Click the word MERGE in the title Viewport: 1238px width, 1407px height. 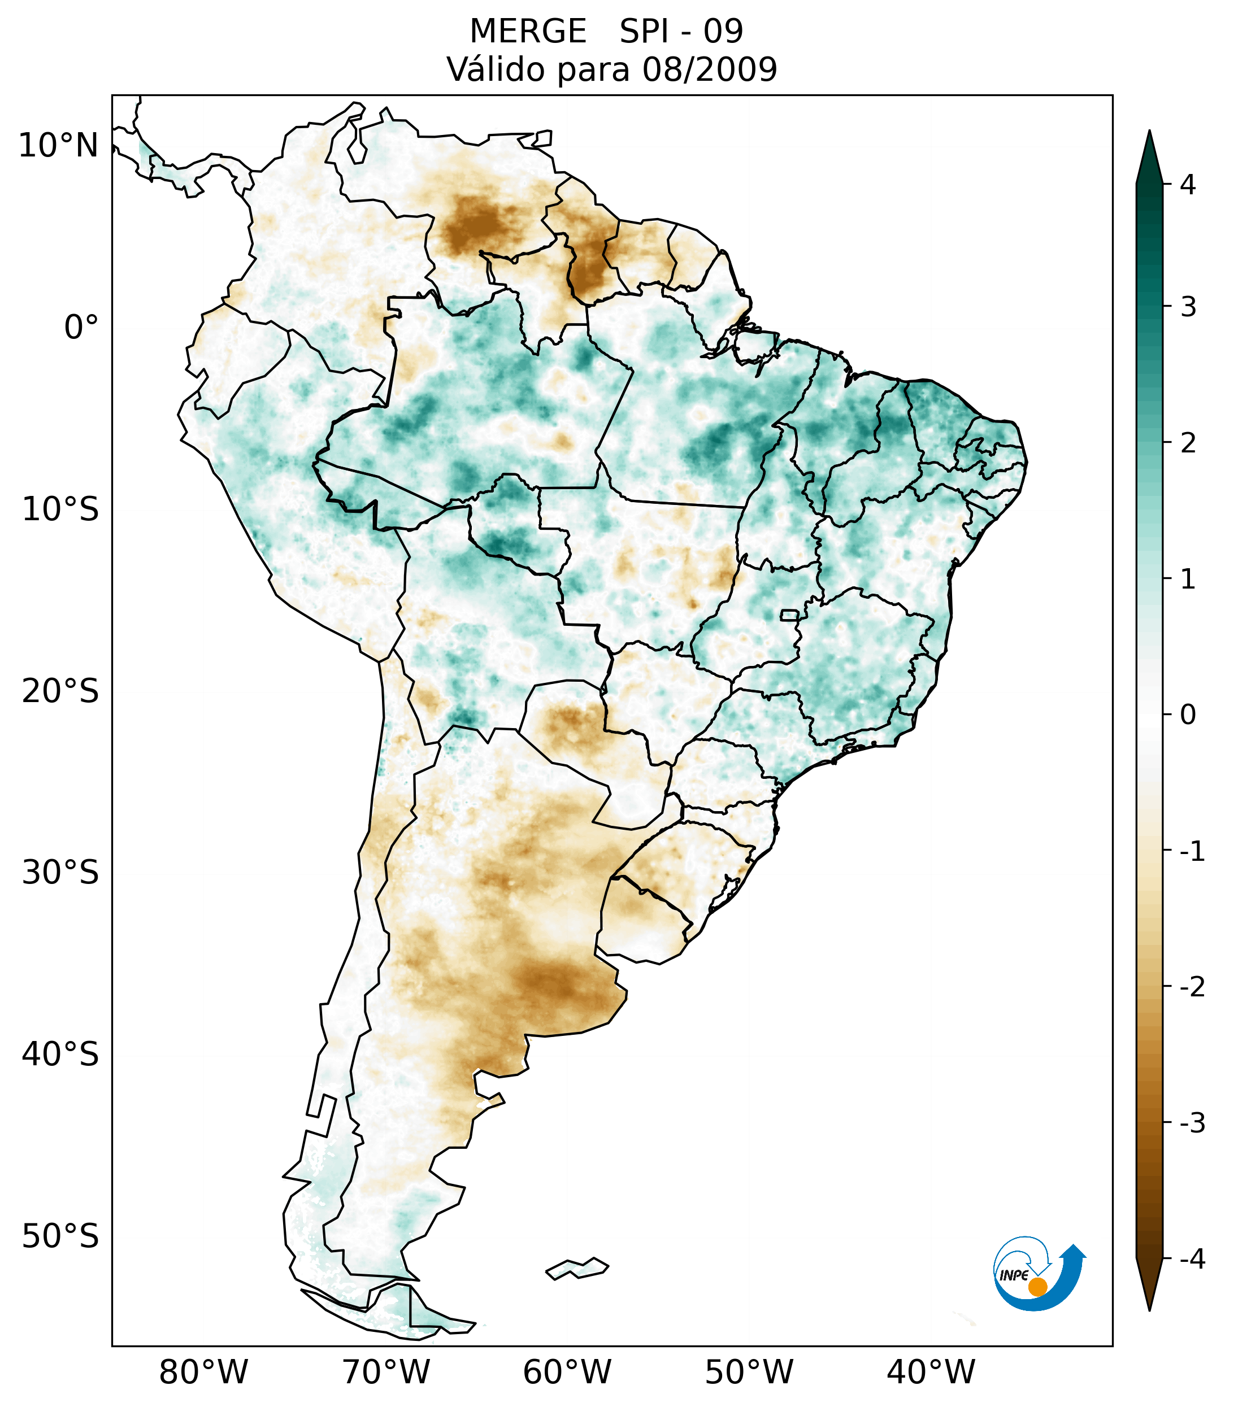tap(528, 32)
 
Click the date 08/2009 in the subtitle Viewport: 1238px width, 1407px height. tap(709, 69)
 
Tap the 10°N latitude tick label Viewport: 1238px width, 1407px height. tap(59, 146)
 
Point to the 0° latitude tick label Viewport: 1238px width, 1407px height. tap(81, 328)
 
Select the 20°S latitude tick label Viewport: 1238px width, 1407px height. tap(60, 691)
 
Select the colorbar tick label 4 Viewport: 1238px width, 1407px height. tap(1188, 185)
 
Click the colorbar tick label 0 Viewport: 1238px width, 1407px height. tap(1188, 715)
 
